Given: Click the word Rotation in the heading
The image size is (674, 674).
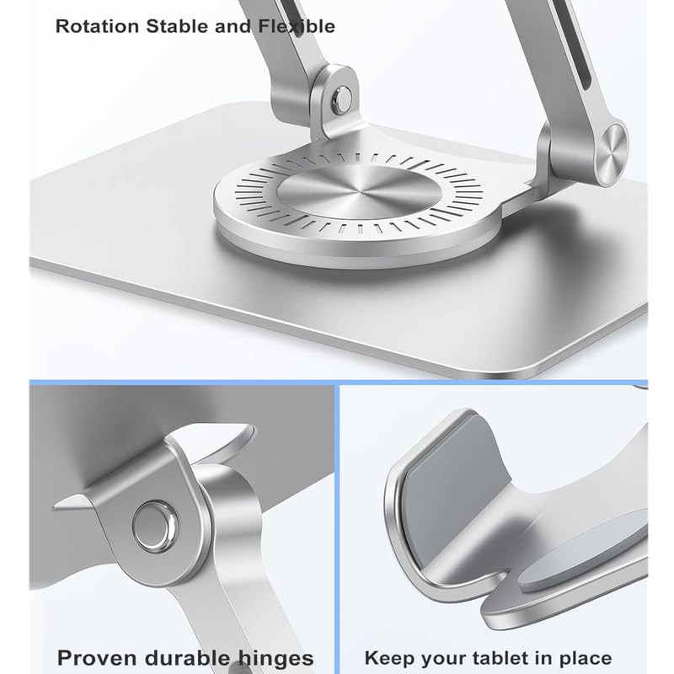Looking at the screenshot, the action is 98,27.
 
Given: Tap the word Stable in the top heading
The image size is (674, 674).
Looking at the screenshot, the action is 178,27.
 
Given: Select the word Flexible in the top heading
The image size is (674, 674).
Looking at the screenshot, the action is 297,27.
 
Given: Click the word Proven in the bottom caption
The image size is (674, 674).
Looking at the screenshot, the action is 97,658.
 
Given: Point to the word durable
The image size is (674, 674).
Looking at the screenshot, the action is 187,658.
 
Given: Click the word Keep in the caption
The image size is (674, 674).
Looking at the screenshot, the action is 389,659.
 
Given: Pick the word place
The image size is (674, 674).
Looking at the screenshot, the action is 582,659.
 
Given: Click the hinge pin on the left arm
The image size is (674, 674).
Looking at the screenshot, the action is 342,100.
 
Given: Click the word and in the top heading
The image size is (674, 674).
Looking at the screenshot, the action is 233,27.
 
